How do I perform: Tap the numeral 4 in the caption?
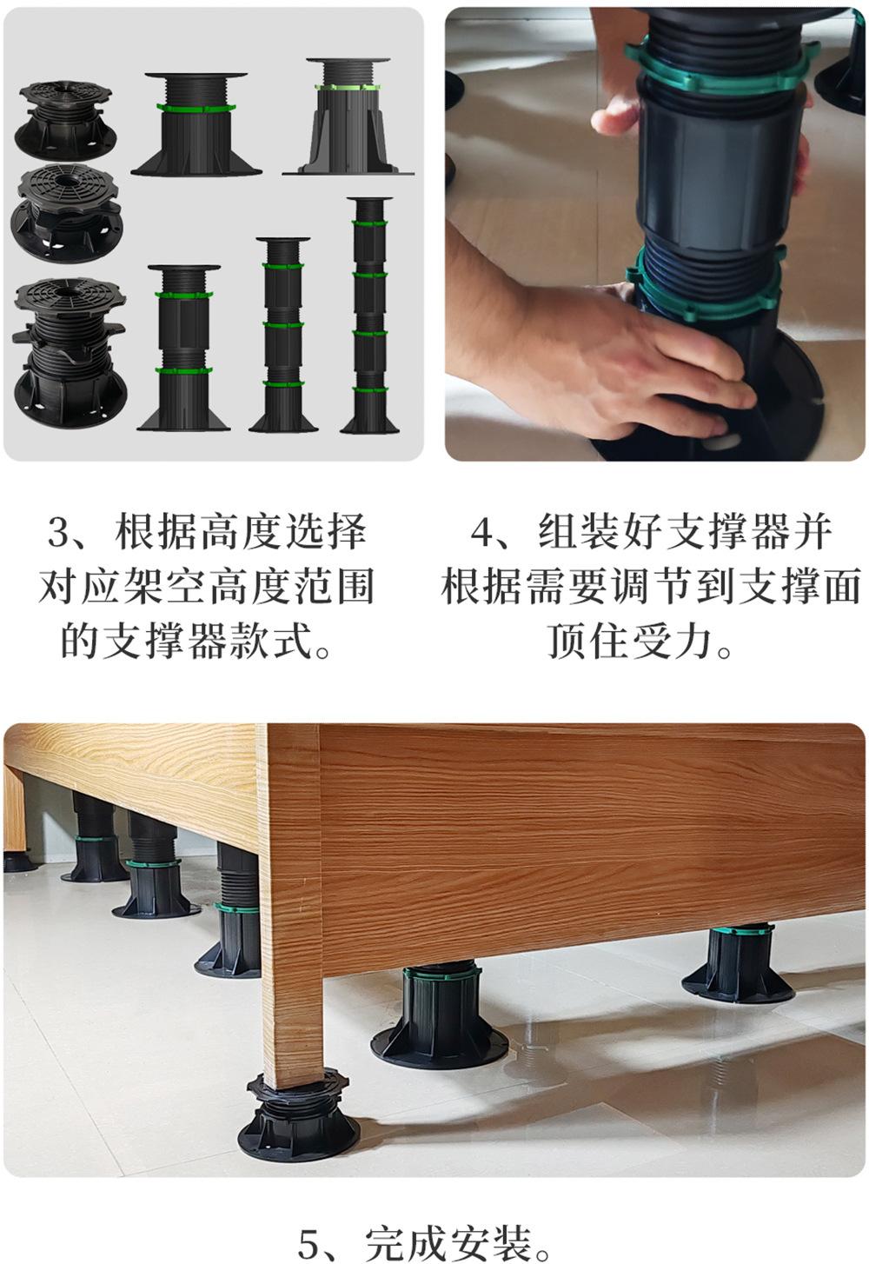point(482,531)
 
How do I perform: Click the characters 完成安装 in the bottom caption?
point(448,1240)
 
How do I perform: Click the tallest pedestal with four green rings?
point(369,316)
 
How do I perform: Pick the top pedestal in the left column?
point(65,121)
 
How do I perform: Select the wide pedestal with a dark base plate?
point(196,124)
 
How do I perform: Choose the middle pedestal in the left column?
point(67,214)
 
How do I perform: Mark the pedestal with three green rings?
point(283,336)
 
